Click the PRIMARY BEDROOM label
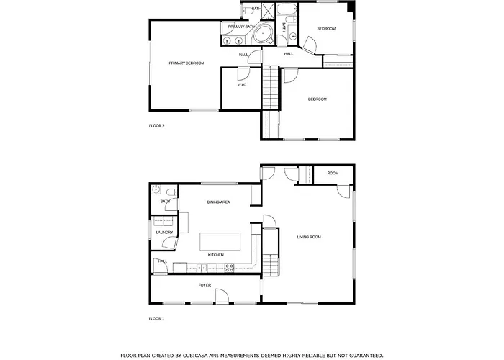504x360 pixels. [186, 63]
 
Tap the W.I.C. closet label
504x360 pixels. [242, 85]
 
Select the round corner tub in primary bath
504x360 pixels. [263, 33]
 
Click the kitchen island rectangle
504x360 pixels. [220, 242]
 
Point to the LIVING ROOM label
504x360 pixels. [309, 237]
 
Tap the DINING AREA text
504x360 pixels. [218, 202]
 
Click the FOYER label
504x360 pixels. [204, 285]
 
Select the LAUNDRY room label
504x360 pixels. [164, 233]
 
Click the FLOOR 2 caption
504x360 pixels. [156, 126]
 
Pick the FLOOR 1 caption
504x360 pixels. [156, 318]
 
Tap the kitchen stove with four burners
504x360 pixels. [229, 268]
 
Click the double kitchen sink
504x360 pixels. [202, 267]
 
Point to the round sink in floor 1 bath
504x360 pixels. [156, 189]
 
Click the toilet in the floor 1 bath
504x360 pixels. [171, 192]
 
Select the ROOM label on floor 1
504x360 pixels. [333, 174]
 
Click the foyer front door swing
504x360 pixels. [222, 296]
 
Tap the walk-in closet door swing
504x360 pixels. [243, 74]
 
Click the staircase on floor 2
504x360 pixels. [270, 87]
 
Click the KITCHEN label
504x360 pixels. [216, 255]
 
